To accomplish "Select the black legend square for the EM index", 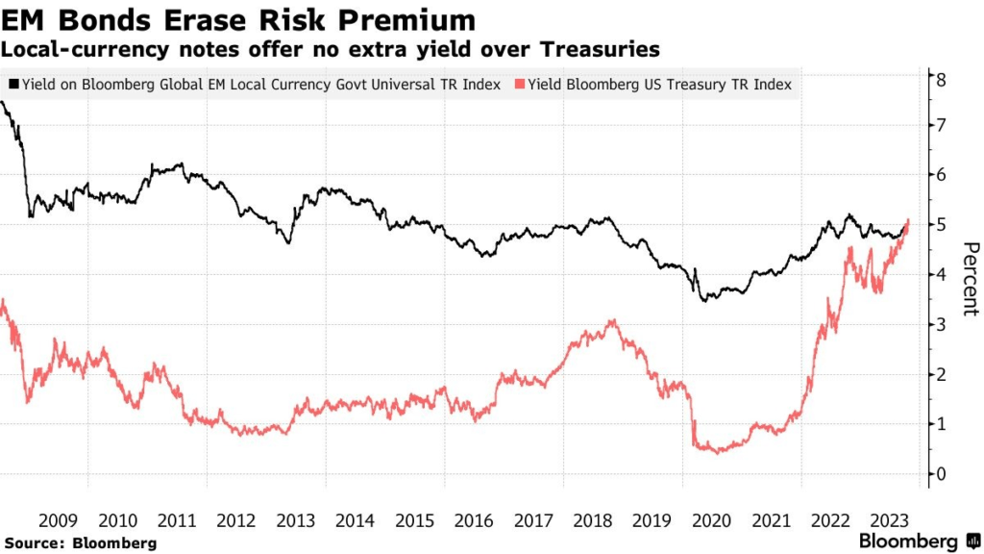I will click(x=13, y=85).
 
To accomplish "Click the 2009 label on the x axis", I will click(x=58, y=520).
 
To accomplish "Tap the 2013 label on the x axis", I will click(x=296, y=520).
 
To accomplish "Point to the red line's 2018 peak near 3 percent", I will click(x=613, y=322).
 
